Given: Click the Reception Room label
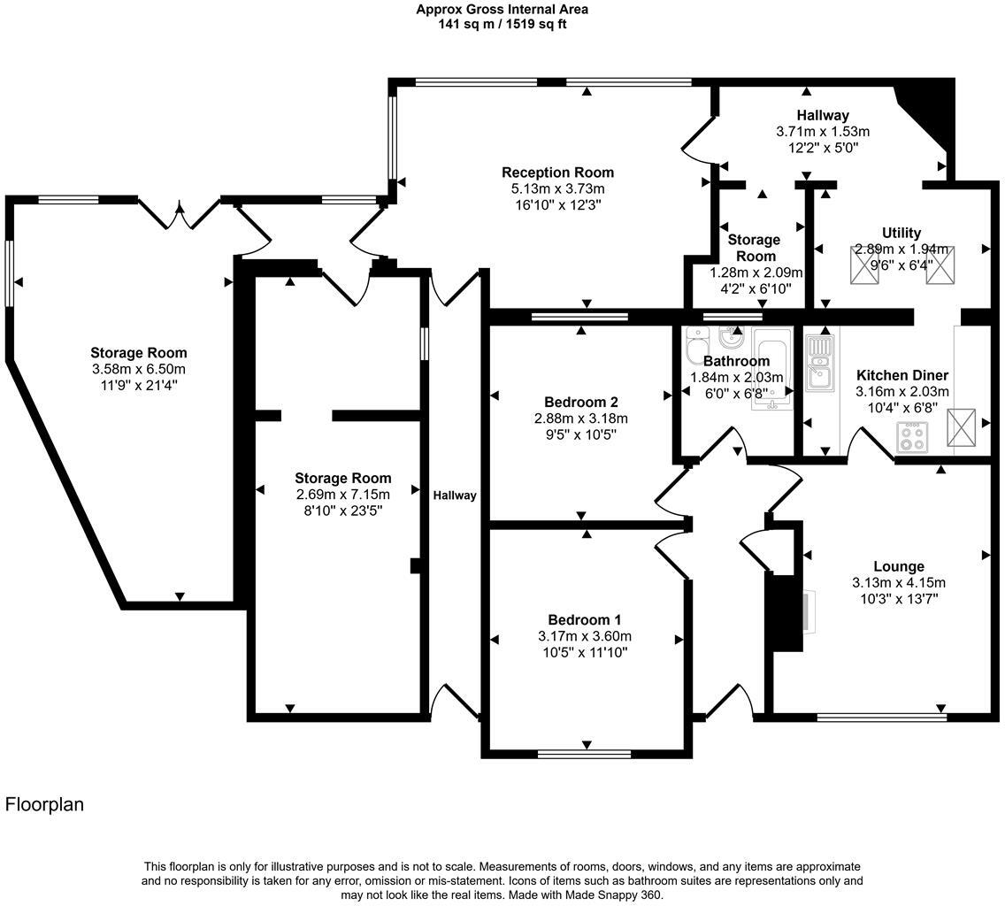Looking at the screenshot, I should (557, 173).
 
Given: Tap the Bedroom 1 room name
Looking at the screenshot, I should (584, 619).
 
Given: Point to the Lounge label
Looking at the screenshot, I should (898, 566).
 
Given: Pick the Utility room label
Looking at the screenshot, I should (901, 233).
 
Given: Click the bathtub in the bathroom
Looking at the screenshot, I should (771, 371).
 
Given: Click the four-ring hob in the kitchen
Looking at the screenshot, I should (912, 436).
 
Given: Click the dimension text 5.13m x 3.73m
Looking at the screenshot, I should (557, 188).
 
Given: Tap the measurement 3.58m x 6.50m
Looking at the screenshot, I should (138, 369).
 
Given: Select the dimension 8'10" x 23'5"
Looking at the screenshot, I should (342, 511).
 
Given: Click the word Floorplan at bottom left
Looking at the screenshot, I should (44, 804).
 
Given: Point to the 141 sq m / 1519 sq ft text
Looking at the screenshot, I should (502, 24).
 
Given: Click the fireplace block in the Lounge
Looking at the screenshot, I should (784, 612).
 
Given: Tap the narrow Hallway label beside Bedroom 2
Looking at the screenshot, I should (455, 495).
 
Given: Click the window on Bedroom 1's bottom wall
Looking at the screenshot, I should (584, 754).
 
